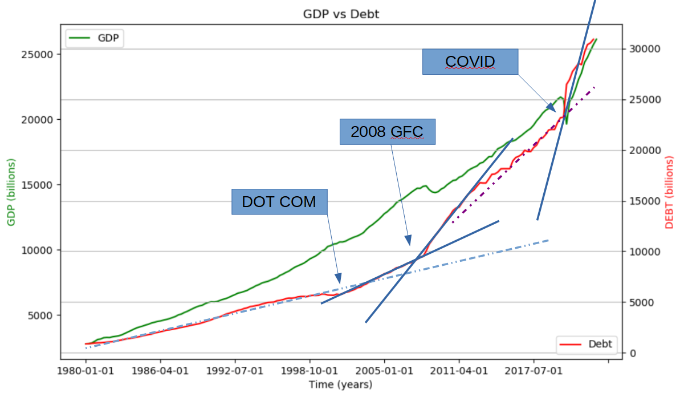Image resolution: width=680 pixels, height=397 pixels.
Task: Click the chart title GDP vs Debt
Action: [x=341, y=14]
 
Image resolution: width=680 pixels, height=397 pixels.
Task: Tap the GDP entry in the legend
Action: [x=95, y=38]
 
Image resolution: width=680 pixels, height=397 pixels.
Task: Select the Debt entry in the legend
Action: [x=587, y=344]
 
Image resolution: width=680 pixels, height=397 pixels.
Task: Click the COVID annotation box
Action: [x=470, y=62]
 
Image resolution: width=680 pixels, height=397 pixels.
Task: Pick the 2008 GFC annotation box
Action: [x=387, y=132]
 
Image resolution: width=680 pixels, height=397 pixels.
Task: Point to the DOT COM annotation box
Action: [x=279, y=202]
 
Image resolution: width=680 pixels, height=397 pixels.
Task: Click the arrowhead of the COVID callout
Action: [x=551, y=107]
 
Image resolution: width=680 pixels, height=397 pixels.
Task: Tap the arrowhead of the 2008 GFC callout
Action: [x=408, y=240]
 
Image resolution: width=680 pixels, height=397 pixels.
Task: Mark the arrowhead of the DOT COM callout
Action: [x=338, y=278]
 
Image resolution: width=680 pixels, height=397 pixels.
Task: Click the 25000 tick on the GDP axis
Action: [x=37, y=55]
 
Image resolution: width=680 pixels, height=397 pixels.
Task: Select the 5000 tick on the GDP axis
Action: [x=40, y=316]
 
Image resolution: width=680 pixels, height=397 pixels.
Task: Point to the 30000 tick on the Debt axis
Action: [x=645, y=49]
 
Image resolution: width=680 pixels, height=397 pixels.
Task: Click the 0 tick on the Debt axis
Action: [x=633, y=354]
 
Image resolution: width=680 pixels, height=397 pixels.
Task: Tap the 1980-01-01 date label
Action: [x=85, y=371]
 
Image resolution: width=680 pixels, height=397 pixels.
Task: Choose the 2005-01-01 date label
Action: [x=384, y=371]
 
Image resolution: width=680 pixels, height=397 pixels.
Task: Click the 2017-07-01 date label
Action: [x=534, y=371]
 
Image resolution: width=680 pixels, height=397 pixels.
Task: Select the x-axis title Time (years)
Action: [x=340, y=385]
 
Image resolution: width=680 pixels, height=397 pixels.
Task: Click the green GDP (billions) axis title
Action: [x=11, y=192]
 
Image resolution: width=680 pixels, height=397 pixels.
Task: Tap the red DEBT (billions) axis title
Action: [x=669, y=193]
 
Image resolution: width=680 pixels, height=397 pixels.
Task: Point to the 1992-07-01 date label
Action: [x=235, y=371]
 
